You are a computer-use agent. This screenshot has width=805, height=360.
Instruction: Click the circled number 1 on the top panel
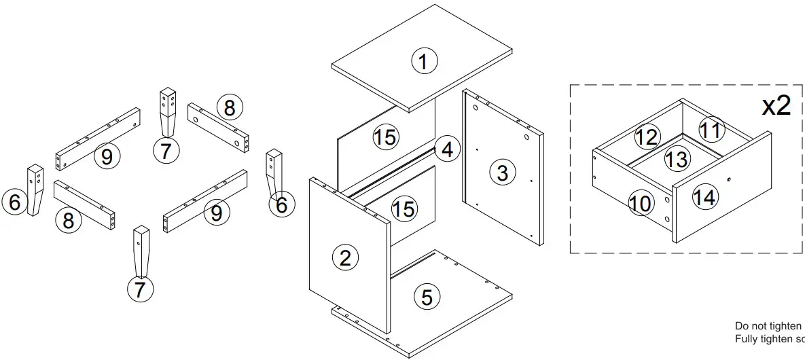pyautogui.click(x=424, y=62)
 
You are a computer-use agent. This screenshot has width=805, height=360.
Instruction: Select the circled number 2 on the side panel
pyautogui.click(x=345, y=257)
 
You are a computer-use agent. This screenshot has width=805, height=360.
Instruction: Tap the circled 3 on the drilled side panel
pyautogui.click(x=502, y=173)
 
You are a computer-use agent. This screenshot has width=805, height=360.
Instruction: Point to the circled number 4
pyautogui.click(x=446, y=149)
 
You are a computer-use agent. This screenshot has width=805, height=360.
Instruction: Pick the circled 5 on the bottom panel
pyautogui.click(x=427, y=297)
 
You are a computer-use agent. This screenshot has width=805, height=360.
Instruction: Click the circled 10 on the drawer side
pyautogui.click(x=641, y=203)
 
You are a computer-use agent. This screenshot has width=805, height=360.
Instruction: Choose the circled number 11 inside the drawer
pyautogui.click(x=711, y=129)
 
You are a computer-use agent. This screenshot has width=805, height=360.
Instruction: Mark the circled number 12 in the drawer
pyautogui.click(x=647, y=137)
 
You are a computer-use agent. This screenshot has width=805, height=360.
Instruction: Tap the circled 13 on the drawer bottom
pyautogui.click(x=677, y=159)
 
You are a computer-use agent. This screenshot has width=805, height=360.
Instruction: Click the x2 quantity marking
pyautogui.click(x=776, y=106)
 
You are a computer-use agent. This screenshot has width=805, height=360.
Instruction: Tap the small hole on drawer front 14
pyautogui.click(x=728, y=179)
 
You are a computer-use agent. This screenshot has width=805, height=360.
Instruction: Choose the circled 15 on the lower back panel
pyautogui.click(x=404, y=209)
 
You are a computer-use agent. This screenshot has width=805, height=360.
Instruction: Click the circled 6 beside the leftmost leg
pyautogui.click(x=15, y=202)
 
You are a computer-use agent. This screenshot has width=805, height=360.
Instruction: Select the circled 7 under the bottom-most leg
pyautogui.click(x=140, y=290)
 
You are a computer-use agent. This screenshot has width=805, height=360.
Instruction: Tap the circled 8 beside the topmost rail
pyautogui.click(x=230, y=107)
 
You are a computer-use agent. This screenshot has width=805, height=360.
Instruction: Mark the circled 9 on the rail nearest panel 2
pyautogui.click(x=216, y=213)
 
